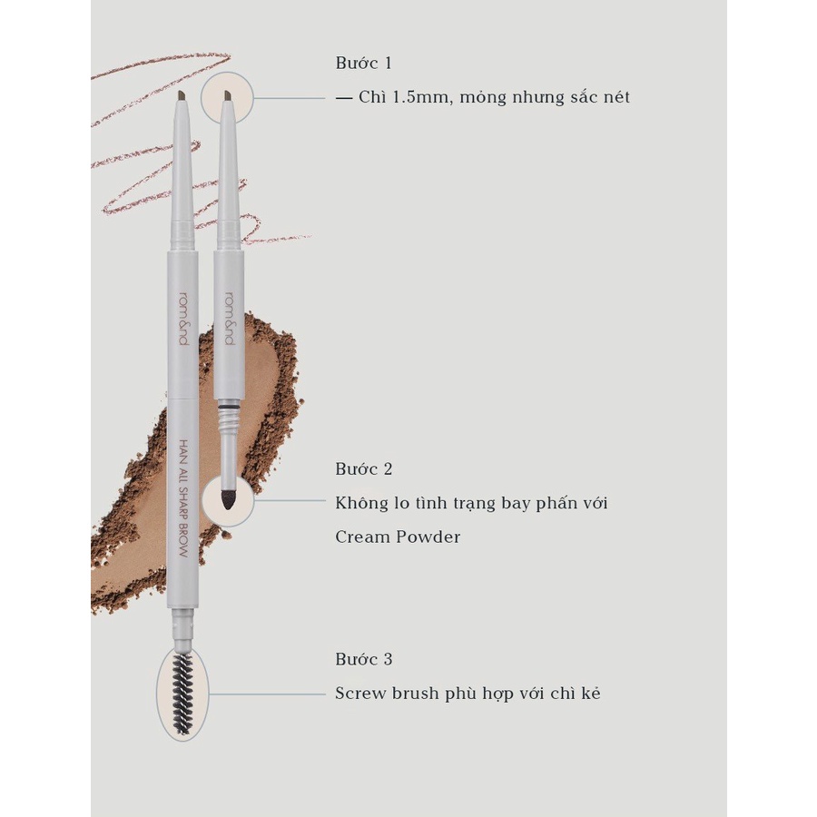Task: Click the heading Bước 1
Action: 363,64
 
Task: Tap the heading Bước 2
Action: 363,469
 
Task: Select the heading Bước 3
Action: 363,659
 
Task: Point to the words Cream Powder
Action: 398,536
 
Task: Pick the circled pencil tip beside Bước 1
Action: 227,97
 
